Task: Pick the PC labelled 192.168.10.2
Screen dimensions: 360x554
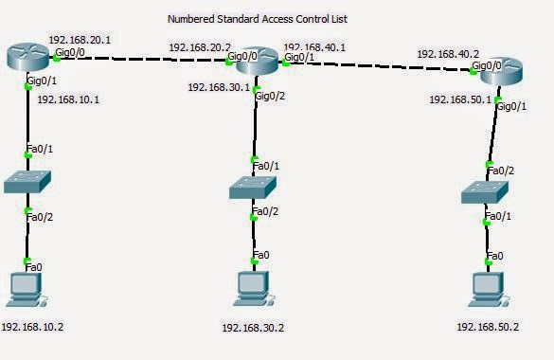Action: click(27, 289)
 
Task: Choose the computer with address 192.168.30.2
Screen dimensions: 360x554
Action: click(252, 289)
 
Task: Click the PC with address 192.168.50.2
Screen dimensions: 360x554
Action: click(488, 289)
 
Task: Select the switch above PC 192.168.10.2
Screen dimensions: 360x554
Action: click(27, 183)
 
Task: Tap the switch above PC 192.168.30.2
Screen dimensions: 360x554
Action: click(252, 188)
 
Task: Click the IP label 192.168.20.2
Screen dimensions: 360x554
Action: click(200, 46)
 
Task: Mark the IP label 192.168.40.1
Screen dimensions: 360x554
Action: click(315, 45)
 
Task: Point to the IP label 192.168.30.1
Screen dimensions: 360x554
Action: click(219, 87)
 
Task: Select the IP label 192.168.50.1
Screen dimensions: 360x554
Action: click(460, 99)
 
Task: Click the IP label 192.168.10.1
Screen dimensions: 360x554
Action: click(68, 99)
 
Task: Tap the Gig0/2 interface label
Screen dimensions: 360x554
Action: click(274, 97)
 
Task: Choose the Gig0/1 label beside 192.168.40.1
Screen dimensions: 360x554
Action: click(299, 58)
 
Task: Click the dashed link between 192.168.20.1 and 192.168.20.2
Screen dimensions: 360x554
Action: click(142, 59)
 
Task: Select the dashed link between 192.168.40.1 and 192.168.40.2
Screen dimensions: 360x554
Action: click(379, 65)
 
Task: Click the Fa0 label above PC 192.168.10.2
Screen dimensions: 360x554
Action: click(34, 267)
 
